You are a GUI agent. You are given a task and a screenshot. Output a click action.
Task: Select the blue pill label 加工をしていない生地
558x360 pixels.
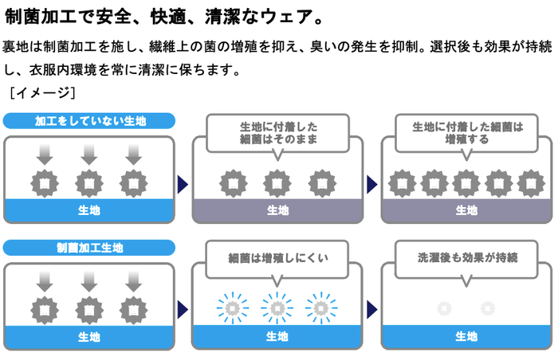[x=88, y=121]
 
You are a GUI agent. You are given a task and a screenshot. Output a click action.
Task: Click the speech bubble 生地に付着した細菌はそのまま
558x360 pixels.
[x=277, y=132]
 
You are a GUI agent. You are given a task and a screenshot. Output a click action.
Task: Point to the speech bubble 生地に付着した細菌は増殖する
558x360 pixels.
[x=466, y=132]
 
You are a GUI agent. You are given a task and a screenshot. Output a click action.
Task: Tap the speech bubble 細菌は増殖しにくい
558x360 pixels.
[x=277, y=258]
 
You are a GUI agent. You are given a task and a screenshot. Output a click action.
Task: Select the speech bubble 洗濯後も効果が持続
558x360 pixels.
[x=466, y=258]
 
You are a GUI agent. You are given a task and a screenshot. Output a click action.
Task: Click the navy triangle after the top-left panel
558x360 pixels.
[x=183, y=185]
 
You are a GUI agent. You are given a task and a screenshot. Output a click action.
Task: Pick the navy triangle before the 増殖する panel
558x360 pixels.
[x=371, y=185]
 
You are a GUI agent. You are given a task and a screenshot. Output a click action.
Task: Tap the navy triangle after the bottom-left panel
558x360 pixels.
[x=183, y=309]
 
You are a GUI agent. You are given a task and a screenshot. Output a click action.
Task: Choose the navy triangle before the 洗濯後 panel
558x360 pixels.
[x=371, y=309]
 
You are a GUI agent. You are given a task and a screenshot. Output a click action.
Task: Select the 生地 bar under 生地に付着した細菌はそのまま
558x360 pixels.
[x=277, y=210]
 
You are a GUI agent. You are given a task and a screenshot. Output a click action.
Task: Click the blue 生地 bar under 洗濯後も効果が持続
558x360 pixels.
[x=466, y=336]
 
